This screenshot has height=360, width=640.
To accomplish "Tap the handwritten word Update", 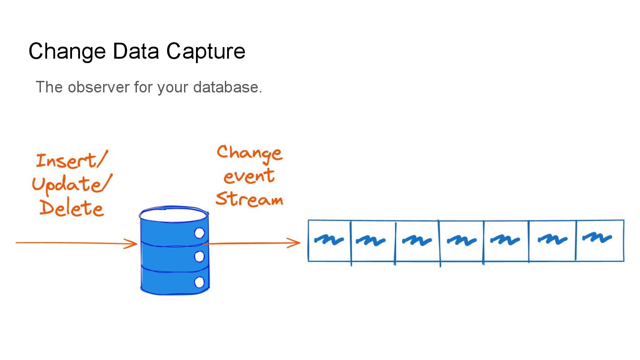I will point(71,184).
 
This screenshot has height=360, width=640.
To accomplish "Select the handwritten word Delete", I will point(72,208).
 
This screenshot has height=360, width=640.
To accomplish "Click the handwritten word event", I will point(248,176).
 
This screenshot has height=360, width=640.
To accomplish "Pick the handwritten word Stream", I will point(249,199).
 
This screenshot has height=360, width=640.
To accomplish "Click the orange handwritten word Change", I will point(249,152).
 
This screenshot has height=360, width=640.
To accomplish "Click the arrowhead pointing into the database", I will point(132,243).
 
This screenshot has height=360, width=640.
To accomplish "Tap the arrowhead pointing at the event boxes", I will point(295,243).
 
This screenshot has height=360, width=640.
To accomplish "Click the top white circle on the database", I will point(200,233).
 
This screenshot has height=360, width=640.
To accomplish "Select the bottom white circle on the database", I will point(200,282).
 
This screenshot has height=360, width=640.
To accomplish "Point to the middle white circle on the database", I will point(200,256).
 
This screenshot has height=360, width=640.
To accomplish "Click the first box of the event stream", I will point(329,240).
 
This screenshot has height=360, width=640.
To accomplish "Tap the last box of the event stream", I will point(600,240).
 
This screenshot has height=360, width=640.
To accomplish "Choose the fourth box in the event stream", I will point(461,240).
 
